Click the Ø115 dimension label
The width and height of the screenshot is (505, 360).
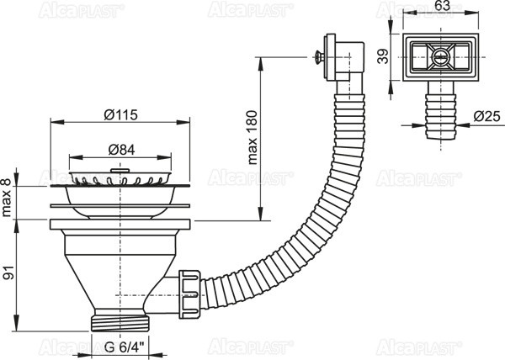pos(120,114)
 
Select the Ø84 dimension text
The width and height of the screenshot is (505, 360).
pos(121,150)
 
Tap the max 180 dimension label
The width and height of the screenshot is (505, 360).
pos(252,137)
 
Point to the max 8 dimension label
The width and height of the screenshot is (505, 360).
pos(7,199)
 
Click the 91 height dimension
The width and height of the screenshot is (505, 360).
pos(9,273)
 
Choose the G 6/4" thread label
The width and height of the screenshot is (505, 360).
pos(125,347)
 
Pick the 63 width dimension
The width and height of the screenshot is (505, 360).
pos(442,6)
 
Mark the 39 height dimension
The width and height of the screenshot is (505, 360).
pos(384,56)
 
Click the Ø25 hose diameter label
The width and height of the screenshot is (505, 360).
pos(487,116)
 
